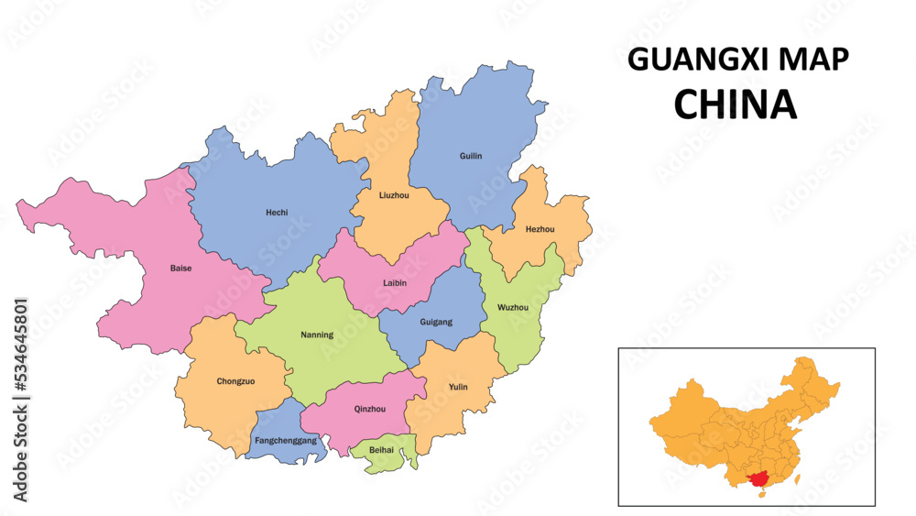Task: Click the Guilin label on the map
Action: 470,156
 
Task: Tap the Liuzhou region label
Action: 394,195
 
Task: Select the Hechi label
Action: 277,213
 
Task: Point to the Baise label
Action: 180,269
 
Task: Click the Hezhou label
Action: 540,229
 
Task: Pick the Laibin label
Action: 395,283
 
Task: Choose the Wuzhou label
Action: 512,307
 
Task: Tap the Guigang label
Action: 435,323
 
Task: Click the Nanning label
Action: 317,335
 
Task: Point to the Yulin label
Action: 458,387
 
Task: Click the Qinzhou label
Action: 369,410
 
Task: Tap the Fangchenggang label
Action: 286,441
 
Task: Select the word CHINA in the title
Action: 735,104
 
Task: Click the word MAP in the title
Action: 814,60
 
